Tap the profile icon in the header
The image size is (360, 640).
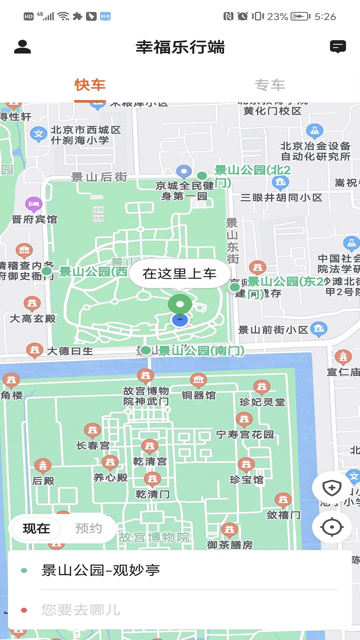tap(22, 47)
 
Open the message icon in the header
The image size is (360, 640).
tap(338, 47)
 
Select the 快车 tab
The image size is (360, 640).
tap(90, 85)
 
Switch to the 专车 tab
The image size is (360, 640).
tap(270, 85)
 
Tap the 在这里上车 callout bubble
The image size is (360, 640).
tap(179, 274)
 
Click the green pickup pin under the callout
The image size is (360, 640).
tap(180, 304)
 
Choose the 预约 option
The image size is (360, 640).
tap(88, 528)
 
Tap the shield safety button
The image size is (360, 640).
tap(332, 488)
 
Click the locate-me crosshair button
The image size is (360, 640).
tap(332, 527)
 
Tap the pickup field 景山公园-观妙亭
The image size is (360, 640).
tap(101, 570)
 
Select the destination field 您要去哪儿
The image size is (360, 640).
tap(81, 610)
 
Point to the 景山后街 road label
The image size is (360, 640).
tap(99, 177)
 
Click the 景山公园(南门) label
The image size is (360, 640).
tap(201, 351)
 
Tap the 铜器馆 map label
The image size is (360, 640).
tap(199, 395)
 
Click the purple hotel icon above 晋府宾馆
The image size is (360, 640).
tap(34, 204)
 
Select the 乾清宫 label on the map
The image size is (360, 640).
tap(150, 461)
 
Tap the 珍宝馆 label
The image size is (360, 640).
tap(246, 480)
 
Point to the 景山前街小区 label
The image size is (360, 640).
tap(273, 330)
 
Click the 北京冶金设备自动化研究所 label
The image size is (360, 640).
tap(315, 151)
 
